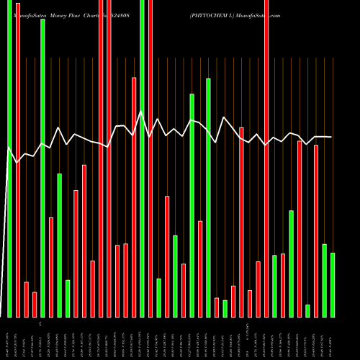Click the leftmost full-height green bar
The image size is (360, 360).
(9, 158)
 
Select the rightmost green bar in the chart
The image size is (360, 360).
(333, 284)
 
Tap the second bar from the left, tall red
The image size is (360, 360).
(18, 158)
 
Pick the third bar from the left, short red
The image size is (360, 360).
(26, 299)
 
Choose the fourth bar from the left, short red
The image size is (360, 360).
(35, 304)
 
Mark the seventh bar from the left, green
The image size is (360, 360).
(59, 245)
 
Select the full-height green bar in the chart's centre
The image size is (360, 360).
(142, 158)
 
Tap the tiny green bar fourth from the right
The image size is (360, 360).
(307, 310)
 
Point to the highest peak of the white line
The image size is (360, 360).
(141, 112)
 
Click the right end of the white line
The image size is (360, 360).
(331, 137)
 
